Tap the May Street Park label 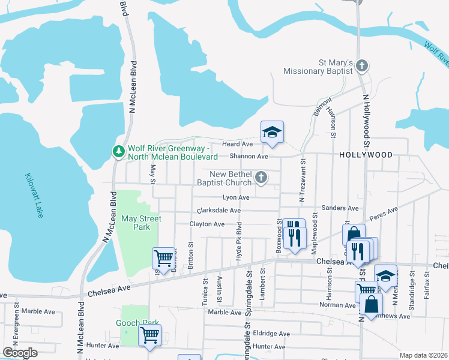pos(141,223)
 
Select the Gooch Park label pos(136,323)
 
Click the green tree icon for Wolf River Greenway pos(119,151)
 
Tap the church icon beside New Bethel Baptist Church pos(261,177)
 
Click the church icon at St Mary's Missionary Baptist pos(361,65)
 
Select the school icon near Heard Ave pos(272,133)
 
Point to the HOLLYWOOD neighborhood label pos(366,155)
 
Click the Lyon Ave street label pos(235,197)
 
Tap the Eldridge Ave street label pos(271,334)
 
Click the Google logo pos(20,353)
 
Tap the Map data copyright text pos(423,355)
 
